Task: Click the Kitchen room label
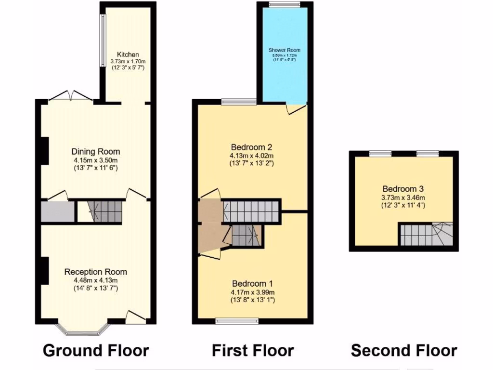[128, 54]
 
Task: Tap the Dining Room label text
[96, 152]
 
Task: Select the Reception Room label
[96, 272]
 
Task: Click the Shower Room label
[284, 50]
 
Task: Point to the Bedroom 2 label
[252, 147]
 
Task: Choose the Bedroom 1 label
[253, 283]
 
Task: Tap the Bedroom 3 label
[403, 189]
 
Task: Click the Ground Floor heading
[96, 350]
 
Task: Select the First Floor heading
[253, 350]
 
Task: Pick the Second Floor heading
[403, 350]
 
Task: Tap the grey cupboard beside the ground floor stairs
[57, 212]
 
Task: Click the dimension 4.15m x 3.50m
[96, 160]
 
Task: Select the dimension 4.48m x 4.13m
[96, 280]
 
